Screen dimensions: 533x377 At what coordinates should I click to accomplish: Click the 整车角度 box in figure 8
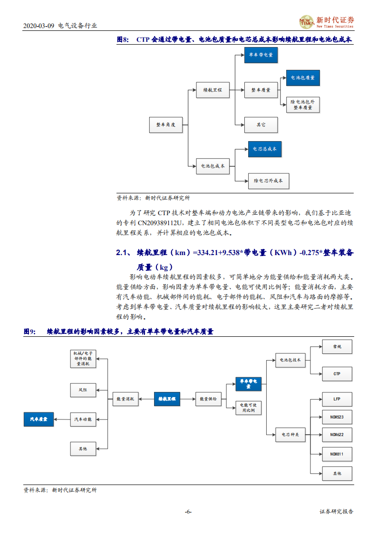click(166, 124)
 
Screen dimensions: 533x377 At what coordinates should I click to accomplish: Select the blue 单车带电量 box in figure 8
click(261, 55)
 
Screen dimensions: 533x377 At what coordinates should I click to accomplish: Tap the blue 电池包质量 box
click(303, 77)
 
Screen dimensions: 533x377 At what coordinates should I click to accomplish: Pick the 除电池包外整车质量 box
click(303, 105)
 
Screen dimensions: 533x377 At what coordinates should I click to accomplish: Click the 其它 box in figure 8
click(261, 124)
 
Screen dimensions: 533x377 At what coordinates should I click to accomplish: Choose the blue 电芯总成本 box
click(265, 149)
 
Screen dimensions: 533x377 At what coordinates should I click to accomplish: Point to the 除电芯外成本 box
click(269, 181)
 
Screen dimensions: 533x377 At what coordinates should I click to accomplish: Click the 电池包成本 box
click(213, 166)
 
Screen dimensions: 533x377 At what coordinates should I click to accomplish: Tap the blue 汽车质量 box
click(39, 419)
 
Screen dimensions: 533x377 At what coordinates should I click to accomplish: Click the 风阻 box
click(83, 390)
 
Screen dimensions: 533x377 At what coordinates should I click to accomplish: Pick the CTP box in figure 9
click(337, 374)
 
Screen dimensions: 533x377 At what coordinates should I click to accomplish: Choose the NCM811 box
click(337, 455)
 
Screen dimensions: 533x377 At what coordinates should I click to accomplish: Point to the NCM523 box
click(337, 417)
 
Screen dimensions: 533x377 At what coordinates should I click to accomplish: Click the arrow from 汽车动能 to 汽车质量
click(62, 419)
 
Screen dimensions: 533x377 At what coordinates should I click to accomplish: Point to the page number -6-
click(188, 512)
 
